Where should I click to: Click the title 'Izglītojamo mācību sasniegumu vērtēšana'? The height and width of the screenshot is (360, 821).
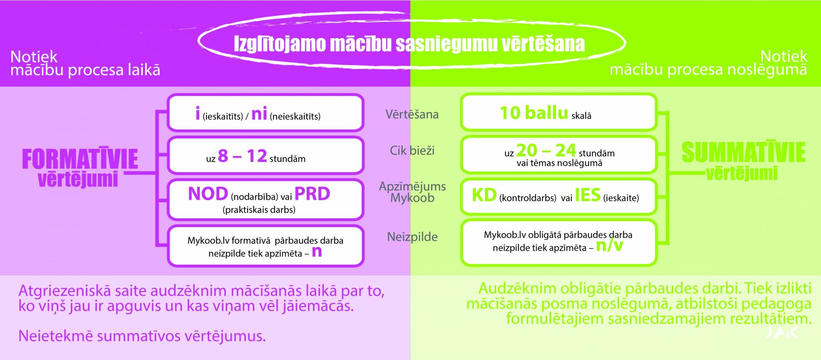point(409,44)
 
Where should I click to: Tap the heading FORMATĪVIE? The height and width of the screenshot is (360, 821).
point(80,159)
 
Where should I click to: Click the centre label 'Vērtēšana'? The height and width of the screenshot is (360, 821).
point(412,114)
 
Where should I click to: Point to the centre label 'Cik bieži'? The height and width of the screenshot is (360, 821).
point(412,150)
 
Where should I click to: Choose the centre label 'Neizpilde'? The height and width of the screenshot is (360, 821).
point(412,237)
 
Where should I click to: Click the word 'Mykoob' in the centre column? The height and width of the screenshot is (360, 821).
point(412,198)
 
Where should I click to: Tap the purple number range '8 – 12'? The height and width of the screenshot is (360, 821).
point(242,156)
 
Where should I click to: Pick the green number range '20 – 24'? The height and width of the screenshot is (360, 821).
point(546,150)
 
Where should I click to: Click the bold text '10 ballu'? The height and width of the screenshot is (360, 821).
point(534,113)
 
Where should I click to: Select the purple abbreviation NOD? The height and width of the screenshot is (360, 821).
point(208,194)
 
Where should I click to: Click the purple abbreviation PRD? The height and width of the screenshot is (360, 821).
point(313,194)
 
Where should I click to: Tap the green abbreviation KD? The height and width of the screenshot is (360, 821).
point(484,195)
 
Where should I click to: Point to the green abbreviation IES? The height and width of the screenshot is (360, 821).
point(588,195)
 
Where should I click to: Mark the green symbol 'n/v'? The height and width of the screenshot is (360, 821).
point(610,245)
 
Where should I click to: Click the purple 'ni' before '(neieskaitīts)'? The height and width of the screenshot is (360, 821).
point(259,113)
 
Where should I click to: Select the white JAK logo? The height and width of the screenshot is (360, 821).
point(782,333)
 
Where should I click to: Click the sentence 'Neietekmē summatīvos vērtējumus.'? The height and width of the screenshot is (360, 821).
point(142,336)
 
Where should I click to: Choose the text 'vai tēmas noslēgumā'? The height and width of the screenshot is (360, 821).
point(559,163)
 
